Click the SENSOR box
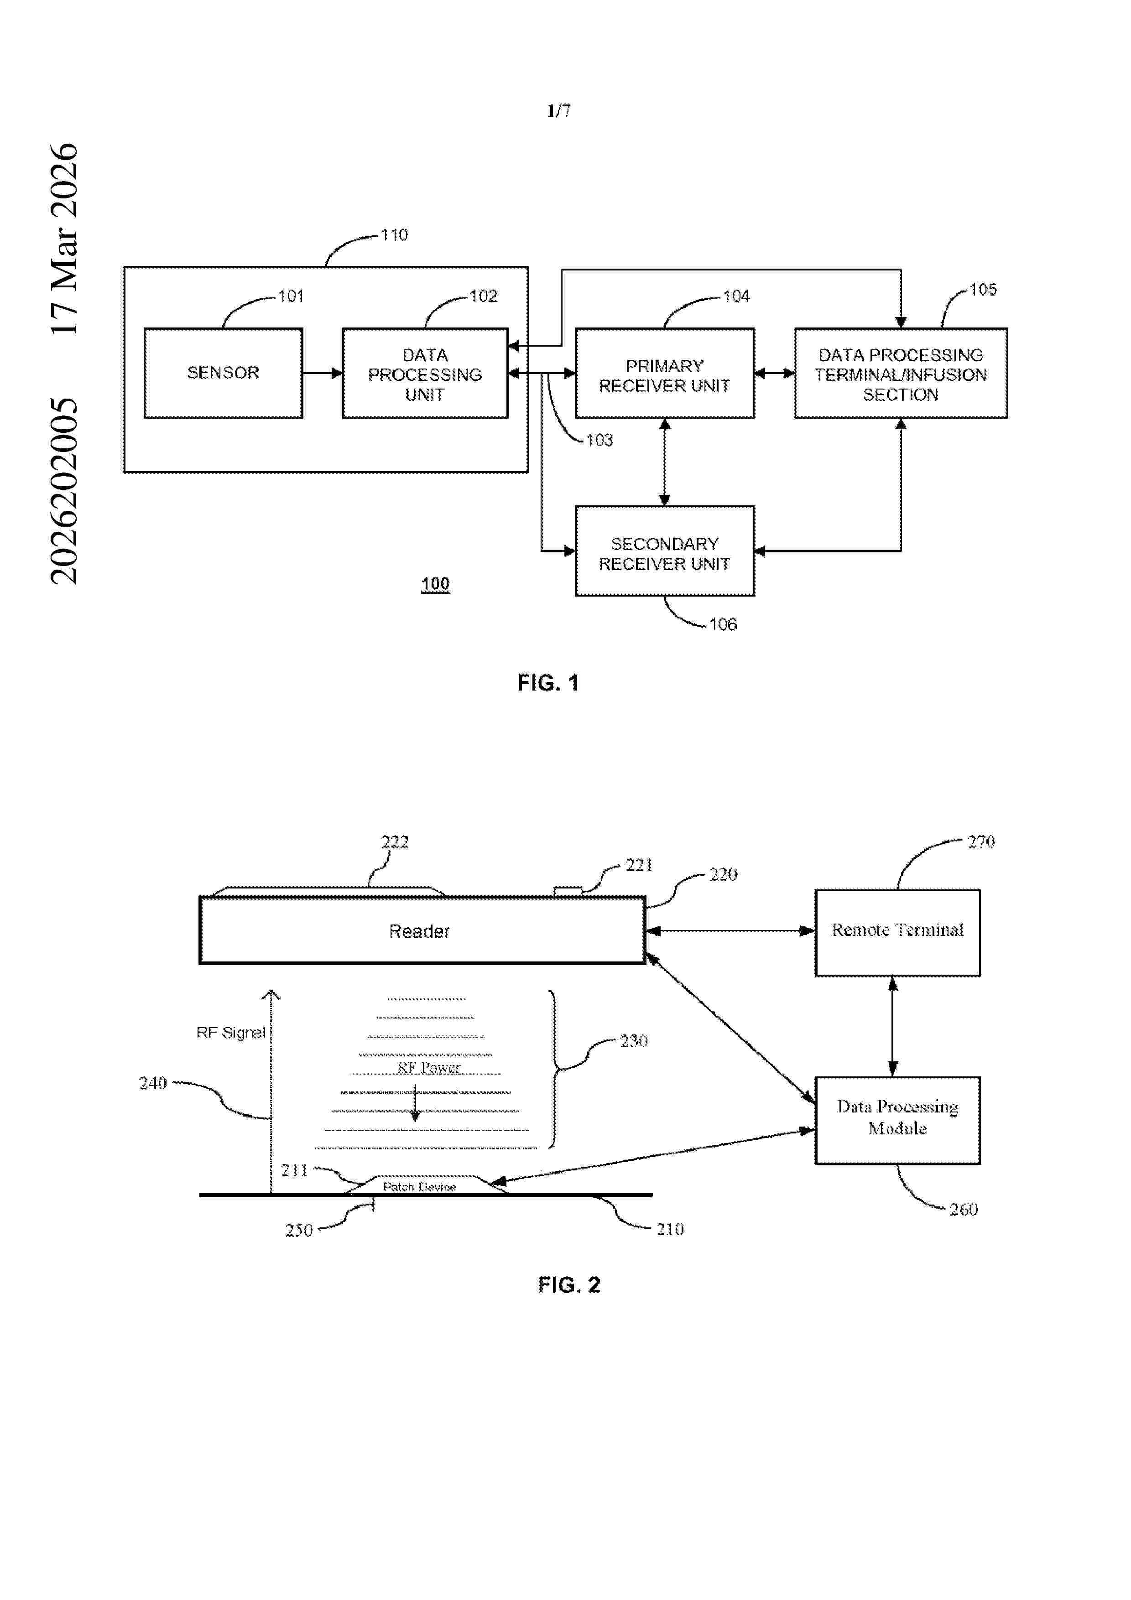[x=223, y=373]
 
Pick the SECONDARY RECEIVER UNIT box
[x=664, y=553]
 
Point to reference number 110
[x=394, y=235]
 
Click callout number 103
[x=599, y=441]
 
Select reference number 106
[x=723, y=624]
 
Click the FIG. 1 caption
[x=548, y=683]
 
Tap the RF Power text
[x=428, y=1068]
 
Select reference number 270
[x=980, y=842]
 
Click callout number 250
[x=298, y=1230]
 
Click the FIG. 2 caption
[x=568, y=1284]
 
